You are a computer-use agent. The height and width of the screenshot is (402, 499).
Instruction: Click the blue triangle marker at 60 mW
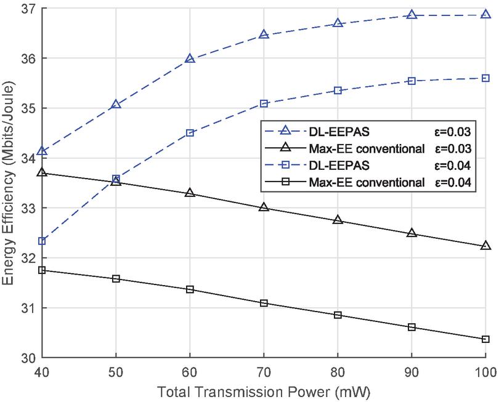[190, 59]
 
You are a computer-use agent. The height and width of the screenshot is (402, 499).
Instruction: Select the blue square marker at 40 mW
[42, 241]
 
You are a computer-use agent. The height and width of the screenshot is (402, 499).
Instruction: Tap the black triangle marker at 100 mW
[485, 246]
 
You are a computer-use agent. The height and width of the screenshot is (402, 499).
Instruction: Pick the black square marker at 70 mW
[264, 303]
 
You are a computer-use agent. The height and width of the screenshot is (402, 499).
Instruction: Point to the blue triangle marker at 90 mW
[412, 15]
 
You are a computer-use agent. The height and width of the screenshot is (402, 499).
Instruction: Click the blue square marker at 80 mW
[338, 90]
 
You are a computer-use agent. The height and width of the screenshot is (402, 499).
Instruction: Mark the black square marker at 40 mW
[42, 270]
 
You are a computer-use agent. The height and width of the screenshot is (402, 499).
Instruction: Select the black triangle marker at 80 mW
[338, 220]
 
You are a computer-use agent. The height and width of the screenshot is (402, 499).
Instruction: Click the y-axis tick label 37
[28, 9]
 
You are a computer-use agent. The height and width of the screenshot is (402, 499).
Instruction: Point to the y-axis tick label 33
[28, 208]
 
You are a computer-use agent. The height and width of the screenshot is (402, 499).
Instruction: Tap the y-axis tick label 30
[28, 358]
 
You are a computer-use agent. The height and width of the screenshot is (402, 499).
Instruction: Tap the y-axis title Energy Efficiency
[8, 183]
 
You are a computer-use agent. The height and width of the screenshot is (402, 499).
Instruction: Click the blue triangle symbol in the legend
[283, 131]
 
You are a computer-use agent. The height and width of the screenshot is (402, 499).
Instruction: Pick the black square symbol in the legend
[283, 182]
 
